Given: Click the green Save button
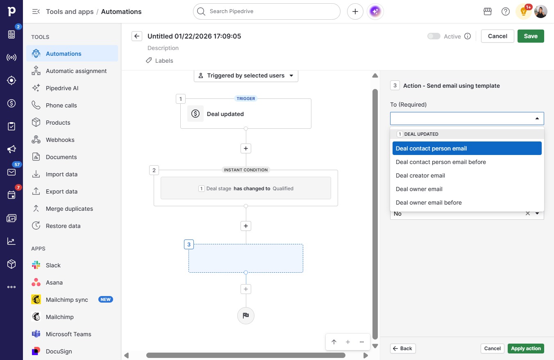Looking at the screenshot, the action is (x=531, y=36).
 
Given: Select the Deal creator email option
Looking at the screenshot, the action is (x=420, y=175).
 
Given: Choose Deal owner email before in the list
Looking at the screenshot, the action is (x=429, y=203).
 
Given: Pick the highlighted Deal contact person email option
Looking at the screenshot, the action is (x=467, y=148).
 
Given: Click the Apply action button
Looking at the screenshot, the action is (x=526, y=349).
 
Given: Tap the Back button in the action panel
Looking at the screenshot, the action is (x=403, y=349).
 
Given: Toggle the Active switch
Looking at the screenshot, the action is (x=434, y=36).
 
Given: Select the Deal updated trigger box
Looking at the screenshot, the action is (x=246, y=114).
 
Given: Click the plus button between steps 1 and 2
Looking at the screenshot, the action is (x=246, y=148).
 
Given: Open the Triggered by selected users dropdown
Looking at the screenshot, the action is (x=246, y=75).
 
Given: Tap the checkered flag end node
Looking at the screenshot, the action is (x=246, y=315).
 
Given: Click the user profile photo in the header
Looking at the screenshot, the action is (x=540, y=11).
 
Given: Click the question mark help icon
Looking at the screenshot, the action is (x=506, y=11).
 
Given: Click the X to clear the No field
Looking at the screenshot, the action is (x=528, y=213).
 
